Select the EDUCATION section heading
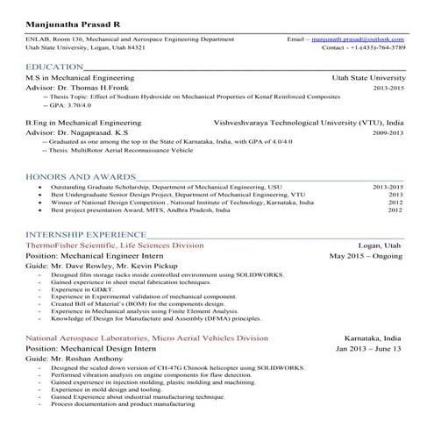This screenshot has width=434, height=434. coord(56,68)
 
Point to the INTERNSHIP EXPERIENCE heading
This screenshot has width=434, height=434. coord(87,235)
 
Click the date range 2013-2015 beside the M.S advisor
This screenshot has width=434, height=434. coord(388,89)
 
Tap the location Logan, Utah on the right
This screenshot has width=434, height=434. coord(380,246)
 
